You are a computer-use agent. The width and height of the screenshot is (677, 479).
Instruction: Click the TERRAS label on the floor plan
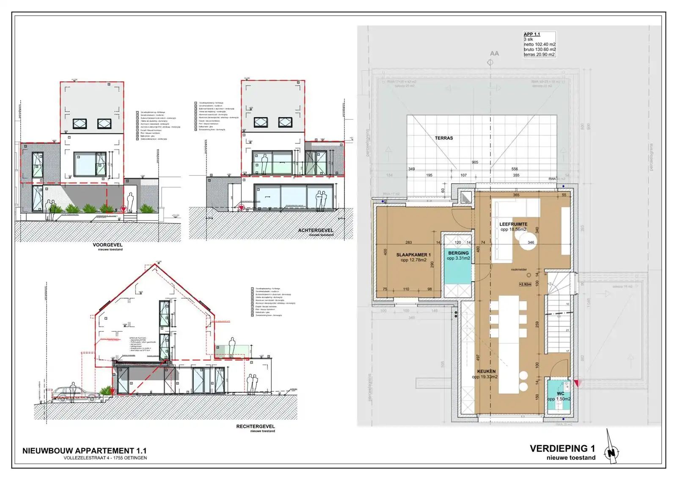coord(443,138)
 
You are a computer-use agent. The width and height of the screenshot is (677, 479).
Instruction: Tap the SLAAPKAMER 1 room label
coord(413,255)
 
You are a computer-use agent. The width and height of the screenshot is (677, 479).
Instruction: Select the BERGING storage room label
coord(458,253)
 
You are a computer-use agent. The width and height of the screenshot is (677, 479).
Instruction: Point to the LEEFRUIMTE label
coord(513,224)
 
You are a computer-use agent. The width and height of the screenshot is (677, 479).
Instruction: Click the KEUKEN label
coord(486,371)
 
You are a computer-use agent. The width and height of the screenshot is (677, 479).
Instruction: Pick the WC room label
coord(560,394)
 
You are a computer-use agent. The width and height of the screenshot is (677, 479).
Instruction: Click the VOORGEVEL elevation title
coord(107,245)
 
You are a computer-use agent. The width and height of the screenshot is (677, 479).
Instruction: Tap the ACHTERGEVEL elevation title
coord(315,230)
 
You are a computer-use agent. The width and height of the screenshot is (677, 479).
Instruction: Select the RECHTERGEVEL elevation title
coord(255,427)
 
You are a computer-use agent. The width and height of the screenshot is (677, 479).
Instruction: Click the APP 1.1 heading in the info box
coord(532,34)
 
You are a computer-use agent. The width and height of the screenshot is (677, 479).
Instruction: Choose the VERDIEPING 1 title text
coord(562,449)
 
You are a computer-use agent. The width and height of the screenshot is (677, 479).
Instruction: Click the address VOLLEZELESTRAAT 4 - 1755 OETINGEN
coord(105,458)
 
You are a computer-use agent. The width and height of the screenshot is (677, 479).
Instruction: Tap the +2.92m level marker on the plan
coord(525,284)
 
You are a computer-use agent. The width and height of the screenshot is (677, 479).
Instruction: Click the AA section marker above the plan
coord(494,54)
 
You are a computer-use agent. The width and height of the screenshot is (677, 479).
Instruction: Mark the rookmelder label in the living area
coord(519,270)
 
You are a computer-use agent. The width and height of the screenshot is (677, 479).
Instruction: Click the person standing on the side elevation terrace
coord(232,347)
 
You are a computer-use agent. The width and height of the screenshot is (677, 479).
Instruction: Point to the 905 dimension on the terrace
coord(475,162)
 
